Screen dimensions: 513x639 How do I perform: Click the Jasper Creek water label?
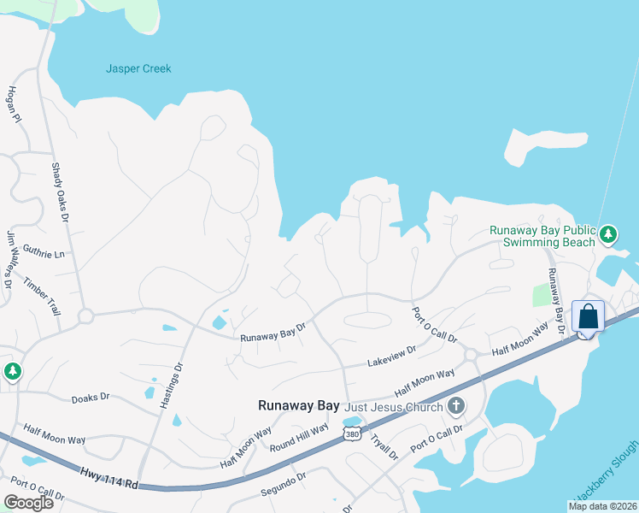(x=138, y=68)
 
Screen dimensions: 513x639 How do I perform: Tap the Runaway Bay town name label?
(x=299, y=407)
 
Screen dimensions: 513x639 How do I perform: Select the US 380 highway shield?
(x=352, y=435)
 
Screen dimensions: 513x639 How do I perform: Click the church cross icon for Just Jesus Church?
(x=456, y=405)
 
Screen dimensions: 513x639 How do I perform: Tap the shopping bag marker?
(x=589, y=316)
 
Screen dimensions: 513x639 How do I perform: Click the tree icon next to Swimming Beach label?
(x=607, y=233)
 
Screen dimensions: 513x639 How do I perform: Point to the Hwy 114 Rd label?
(x=109, y=478)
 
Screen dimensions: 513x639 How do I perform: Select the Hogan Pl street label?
(x=14, y=104)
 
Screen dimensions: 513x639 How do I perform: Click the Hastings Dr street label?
(x=171, y=385)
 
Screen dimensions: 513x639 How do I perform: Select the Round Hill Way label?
(x=299, y=436)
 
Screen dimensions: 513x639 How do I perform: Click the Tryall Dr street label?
(x=384, y=446)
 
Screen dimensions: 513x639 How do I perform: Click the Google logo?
(x=28, y=502)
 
